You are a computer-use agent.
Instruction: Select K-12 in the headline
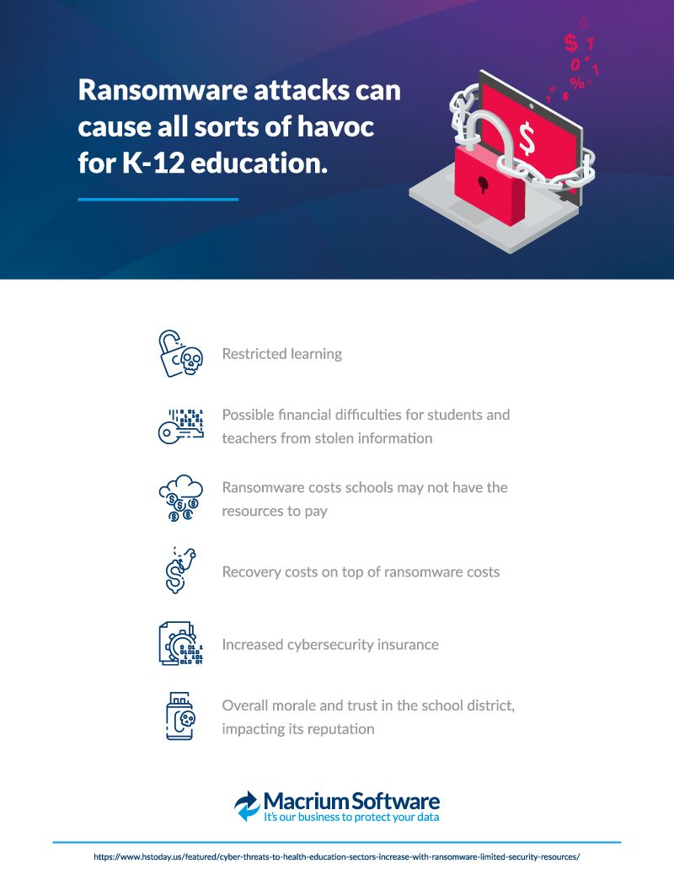(x=152, y=164)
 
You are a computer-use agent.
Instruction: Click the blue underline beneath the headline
(x=158, y=200)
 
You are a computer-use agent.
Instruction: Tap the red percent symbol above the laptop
(x=576, y=83)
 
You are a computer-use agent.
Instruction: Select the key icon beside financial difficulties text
(x=181, y=426)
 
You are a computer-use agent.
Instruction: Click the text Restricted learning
(x=282, y=354)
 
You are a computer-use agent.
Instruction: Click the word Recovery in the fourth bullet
(x=250, y=572)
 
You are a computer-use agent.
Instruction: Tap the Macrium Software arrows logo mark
(x=248, y=806)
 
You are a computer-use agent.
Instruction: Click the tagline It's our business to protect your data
(x=351, y=818)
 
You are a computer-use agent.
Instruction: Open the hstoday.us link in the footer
(x=337, y=856)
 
